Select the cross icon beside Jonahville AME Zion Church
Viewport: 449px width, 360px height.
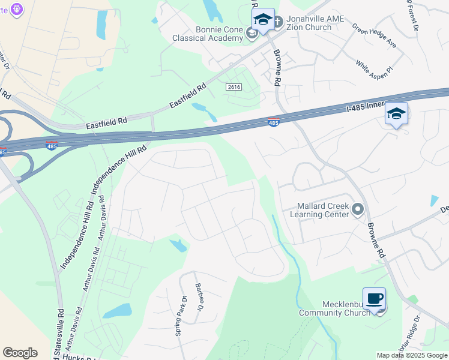click(x=277, y=23)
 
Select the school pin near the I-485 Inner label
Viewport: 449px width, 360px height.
click(x=396, y=113)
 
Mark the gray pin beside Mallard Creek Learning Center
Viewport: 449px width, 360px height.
click(x=358, y=209)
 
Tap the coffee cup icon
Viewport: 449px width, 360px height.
click(x=375, y=298)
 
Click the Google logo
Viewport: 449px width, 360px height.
click(x=20, y=353)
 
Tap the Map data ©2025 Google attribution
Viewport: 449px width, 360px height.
click(x=412, y=355)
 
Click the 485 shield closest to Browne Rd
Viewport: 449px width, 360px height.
click(x=273, y=123)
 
